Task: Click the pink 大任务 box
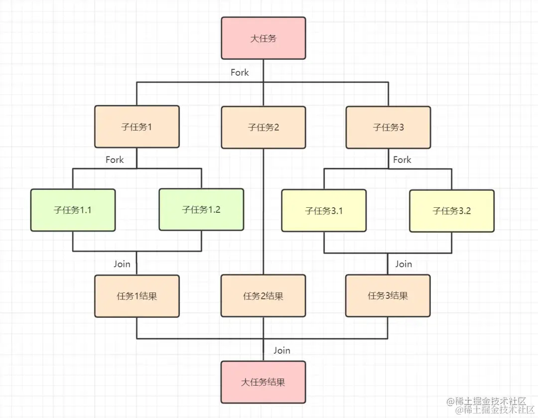pyautogui.click(x=263, y=38)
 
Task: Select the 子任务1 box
pyautogui.click(x=137, y=127)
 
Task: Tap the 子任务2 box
pyautogui.click(x=263, y=128)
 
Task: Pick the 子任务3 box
pyautogui.click(x=388, y=127)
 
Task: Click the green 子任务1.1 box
pyautogui.click(x=73, y=210)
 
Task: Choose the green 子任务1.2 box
pyautogui.click(x=201, y=209)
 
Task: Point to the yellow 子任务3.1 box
pyautogui.click(x=324, y=210)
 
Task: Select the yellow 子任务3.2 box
pyautogui.click(x=452, y=211)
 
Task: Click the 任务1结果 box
pyautogui.click(x=137, y=296)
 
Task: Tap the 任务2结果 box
pyautogui.click(x=263, y=296)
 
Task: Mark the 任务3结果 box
pyautogui.click(x=388, y=296)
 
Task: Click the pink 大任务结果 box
pyautogui.click(x=263, y=382)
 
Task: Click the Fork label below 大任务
pyautogui.click(x=240, y=73)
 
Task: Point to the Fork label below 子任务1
pyautogui.click(x=115, y=160)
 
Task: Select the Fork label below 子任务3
pyautogui.click(x=402, y=160)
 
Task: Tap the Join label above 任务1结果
pyautogui.click(x=122, y=264)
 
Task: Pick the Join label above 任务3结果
pyautogui.click(x=403, y=264)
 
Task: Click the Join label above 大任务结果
pyautogui.click(x=281, y=350)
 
